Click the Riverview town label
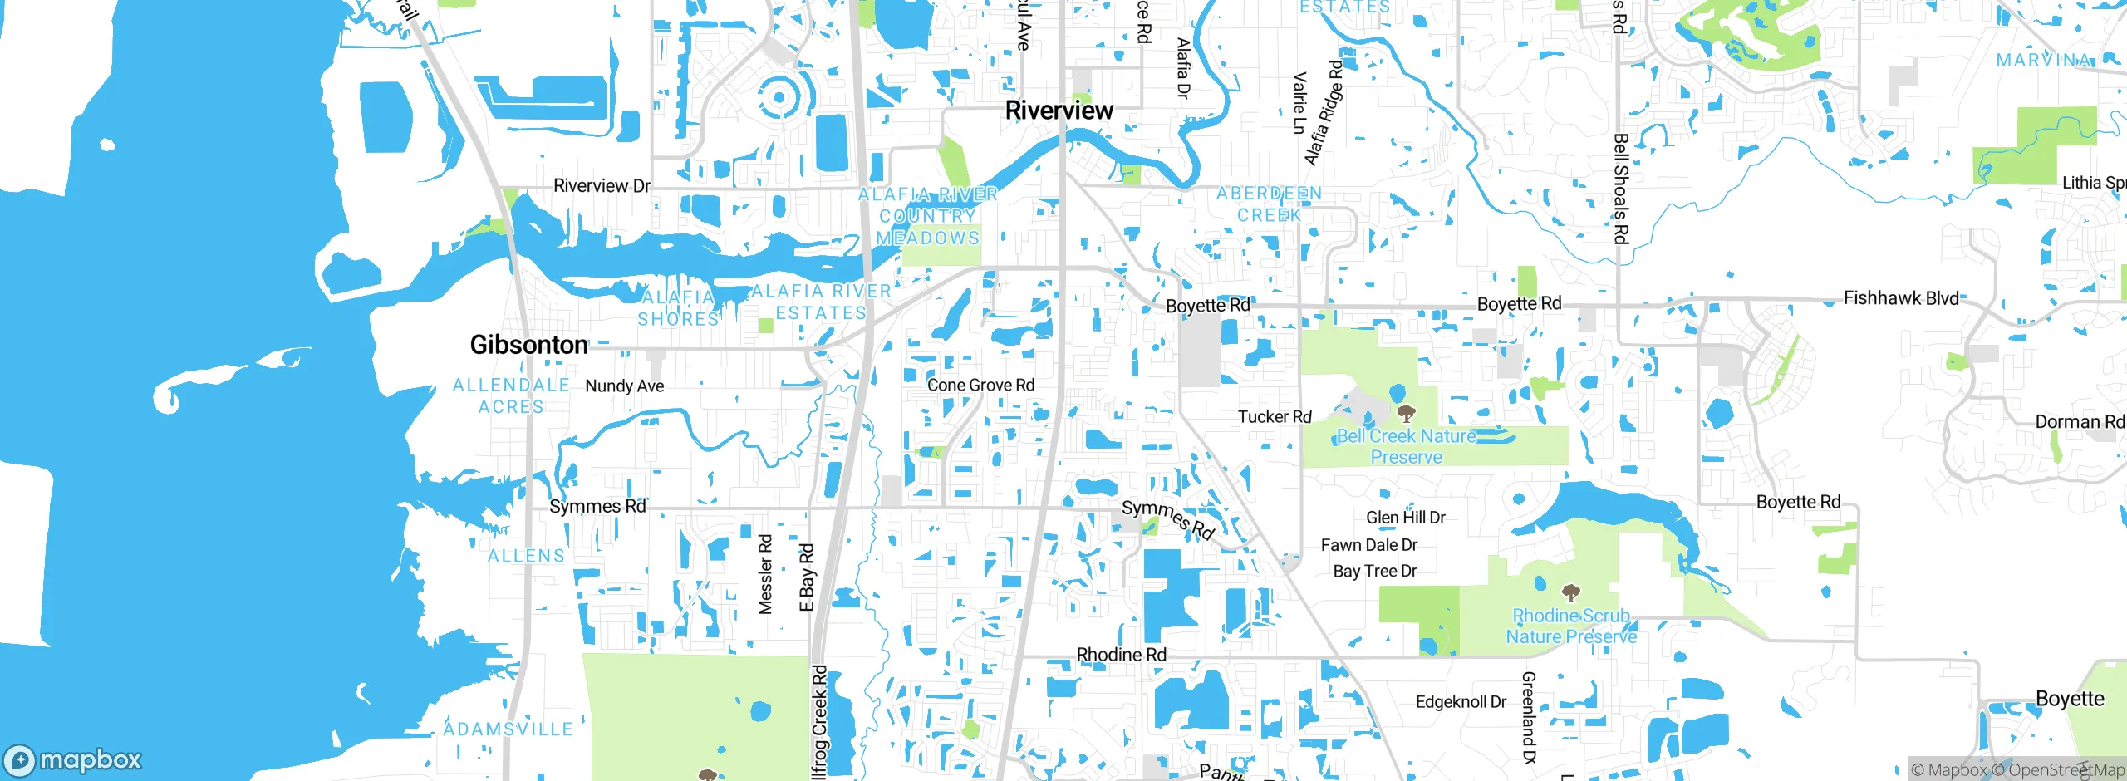(x=1059, y=111)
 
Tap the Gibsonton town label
(x=529, y=345)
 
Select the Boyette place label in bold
(x=2069, y=699)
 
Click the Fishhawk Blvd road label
(x=1901, y=298)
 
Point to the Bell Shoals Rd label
(x=1620, y=189)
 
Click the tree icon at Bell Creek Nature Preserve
(x=1406, y=413)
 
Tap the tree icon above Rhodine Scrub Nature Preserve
(x=1569, y=593)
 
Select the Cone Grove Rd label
(x=980, y=386)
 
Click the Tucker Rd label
(x=1274, y=417)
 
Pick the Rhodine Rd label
(x=1121, y=655)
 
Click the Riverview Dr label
(x=602, y=186)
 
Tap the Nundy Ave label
(x=624, y=386)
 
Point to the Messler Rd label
(x=765, y=574)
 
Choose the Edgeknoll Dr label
(x=1461, y=702)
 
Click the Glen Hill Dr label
(x=1405, y=518)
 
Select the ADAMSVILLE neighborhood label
(x=508, y=729)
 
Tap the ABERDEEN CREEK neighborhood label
(x=1269, y=204)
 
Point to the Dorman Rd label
(x=2079, y=422)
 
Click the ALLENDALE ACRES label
(x=511, y=396)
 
